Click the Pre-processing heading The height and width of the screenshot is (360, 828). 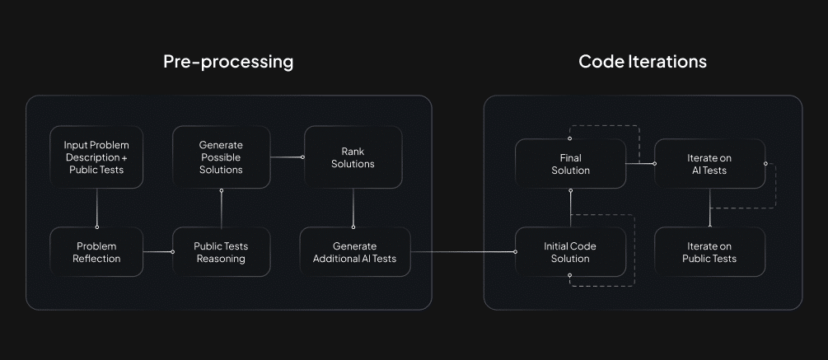click(x=228, y=62)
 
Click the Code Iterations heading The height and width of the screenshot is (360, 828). click(x=643, y=62)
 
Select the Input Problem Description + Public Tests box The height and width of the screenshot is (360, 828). click(x=96, y=157)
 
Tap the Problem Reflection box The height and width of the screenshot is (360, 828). click(x=96, y=252)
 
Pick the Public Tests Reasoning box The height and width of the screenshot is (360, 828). click(x=221, y=252)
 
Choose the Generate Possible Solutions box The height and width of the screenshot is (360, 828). click(x=221, y=157)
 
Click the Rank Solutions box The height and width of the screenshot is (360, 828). click(x=353, y=157)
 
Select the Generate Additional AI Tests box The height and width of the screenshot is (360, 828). click(x=354, y=252)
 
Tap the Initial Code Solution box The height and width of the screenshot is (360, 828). click(x=570, y=252)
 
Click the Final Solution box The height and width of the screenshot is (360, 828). click(x=570, y=164)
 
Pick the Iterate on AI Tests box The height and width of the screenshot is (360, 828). click(x=709, y=164)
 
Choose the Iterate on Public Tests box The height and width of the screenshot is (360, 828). click(x=709, y=252)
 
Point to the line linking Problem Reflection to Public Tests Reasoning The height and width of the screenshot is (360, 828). click(x=157, y=252)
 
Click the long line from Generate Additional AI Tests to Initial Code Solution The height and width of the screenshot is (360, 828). click(x=461, y=252)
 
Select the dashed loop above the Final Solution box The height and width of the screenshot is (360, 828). click(x=604, y=127)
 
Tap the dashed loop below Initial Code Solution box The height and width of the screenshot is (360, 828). click(x=604, y=285)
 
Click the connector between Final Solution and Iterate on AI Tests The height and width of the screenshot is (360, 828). click(x=640, y=163)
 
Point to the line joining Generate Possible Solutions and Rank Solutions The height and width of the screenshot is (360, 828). click(x=287, y=157)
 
